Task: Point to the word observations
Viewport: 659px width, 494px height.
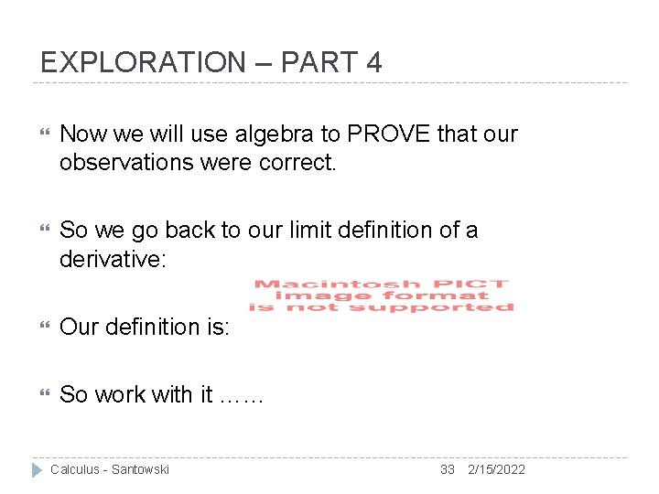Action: point(125,163)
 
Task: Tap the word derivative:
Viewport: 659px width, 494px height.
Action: point(113,259)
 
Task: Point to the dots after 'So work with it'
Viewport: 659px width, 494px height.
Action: point(242,395)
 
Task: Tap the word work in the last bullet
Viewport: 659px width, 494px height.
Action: point(124,395)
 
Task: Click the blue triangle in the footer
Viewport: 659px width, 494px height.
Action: point(38,469)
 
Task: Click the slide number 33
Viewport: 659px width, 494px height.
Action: point(447,469)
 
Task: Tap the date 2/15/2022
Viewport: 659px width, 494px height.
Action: point(496,469)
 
